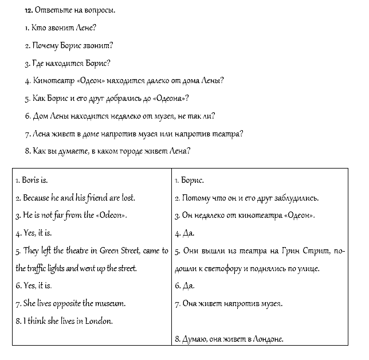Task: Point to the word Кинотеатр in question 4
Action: click(50, 80)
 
